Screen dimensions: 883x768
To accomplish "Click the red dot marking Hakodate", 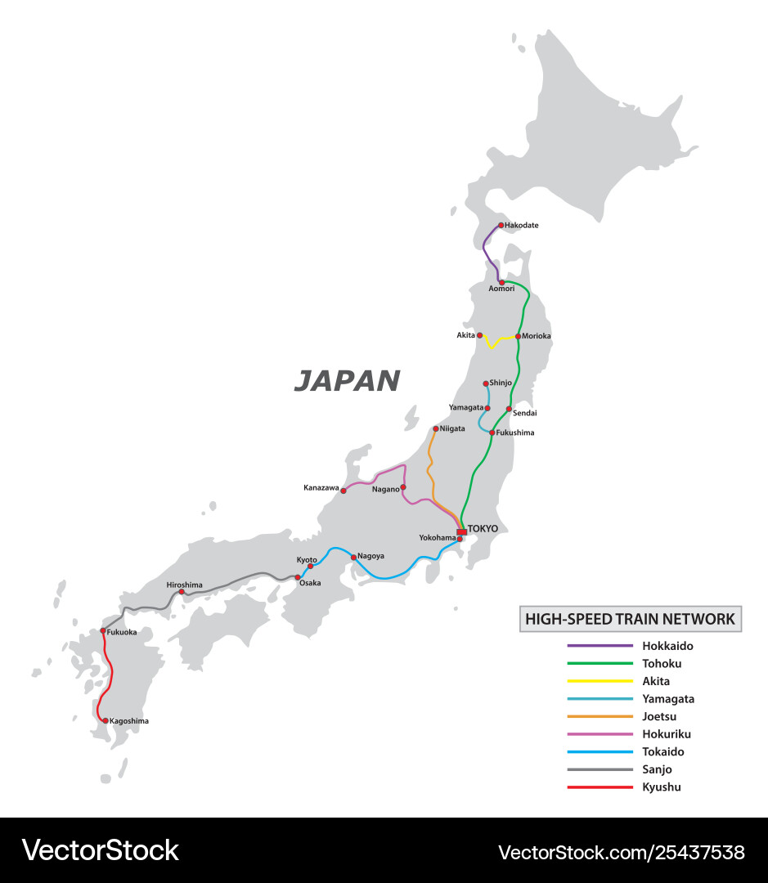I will (x=501, y=226).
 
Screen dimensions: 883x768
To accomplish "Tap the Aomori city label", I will (x=501, y=289).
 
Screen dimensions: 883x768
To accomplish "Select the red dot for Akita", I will (x=480, y=335).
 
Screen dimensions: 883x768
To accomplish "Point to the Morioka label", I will (x=537, y=336).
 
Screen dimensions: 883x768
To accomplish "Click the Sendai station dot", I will (x=509, y=409).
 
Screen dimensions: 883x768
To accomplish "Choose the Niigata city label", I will (x=452, y=428).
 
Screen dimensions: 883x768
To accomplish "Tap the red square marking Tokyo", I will (x=461, y=532).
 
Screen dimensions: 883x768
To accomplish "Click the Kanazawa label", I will (x=321, y=488).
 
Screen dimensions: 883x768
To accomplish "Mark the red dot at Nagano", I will (x=403, y=486).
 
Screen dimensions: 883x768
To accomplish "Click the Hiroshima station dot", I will (x=182, y=592).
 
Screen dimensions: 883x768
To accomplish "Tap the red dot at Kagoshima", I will (x=106, y=721).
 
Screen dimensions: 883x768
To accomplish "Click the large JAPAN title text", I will (x=347, y=380).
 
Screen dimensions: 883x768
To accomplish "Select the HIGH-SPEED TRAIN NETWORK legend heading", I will (x=630, y=619).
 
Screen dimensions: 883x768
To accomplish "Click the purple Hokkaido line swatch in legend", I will (x=600, y=646).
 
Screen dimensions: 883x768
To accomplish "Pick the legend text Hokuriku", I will (x=667, y=734).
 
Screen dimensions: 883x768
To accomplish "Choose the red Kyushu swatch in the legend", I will (x=600, y=787).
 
